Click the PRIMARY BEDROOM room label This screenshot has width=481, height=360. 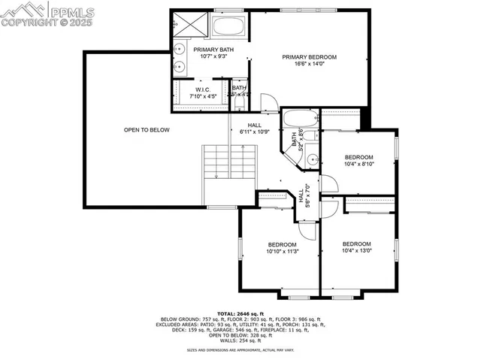pyautogui.click(x=309, y=57)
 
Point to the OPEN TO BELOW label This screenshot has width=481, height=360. pyautogui.click(x=147, y=130)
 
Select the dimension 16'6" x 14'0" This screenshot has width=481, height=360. pyautogui.click(x=309, y=65)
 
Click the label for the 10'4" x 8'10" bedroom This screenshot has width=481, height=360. pyautogui.click(x=358, y=157)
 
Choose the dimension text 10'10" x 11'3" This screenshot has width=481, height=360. pyautogui.click(x=282, y=252)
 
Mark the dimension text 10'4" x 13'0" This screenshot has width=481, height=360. pyautogui.click(x=357, y=251)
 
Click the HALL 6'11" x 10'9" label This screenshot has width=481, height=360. pyautogui.click(x=253, y=129)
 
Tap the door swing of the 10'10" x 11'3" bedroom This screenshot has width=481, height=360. pyautogui.click(x=286, y=201)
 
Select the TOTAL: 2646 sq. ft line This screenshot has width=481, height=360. pyautogui.click(x=240, y=313)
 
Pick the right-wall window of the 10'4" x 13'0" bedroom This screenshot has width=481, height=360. pyautogui.click(x=396, y=249)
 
